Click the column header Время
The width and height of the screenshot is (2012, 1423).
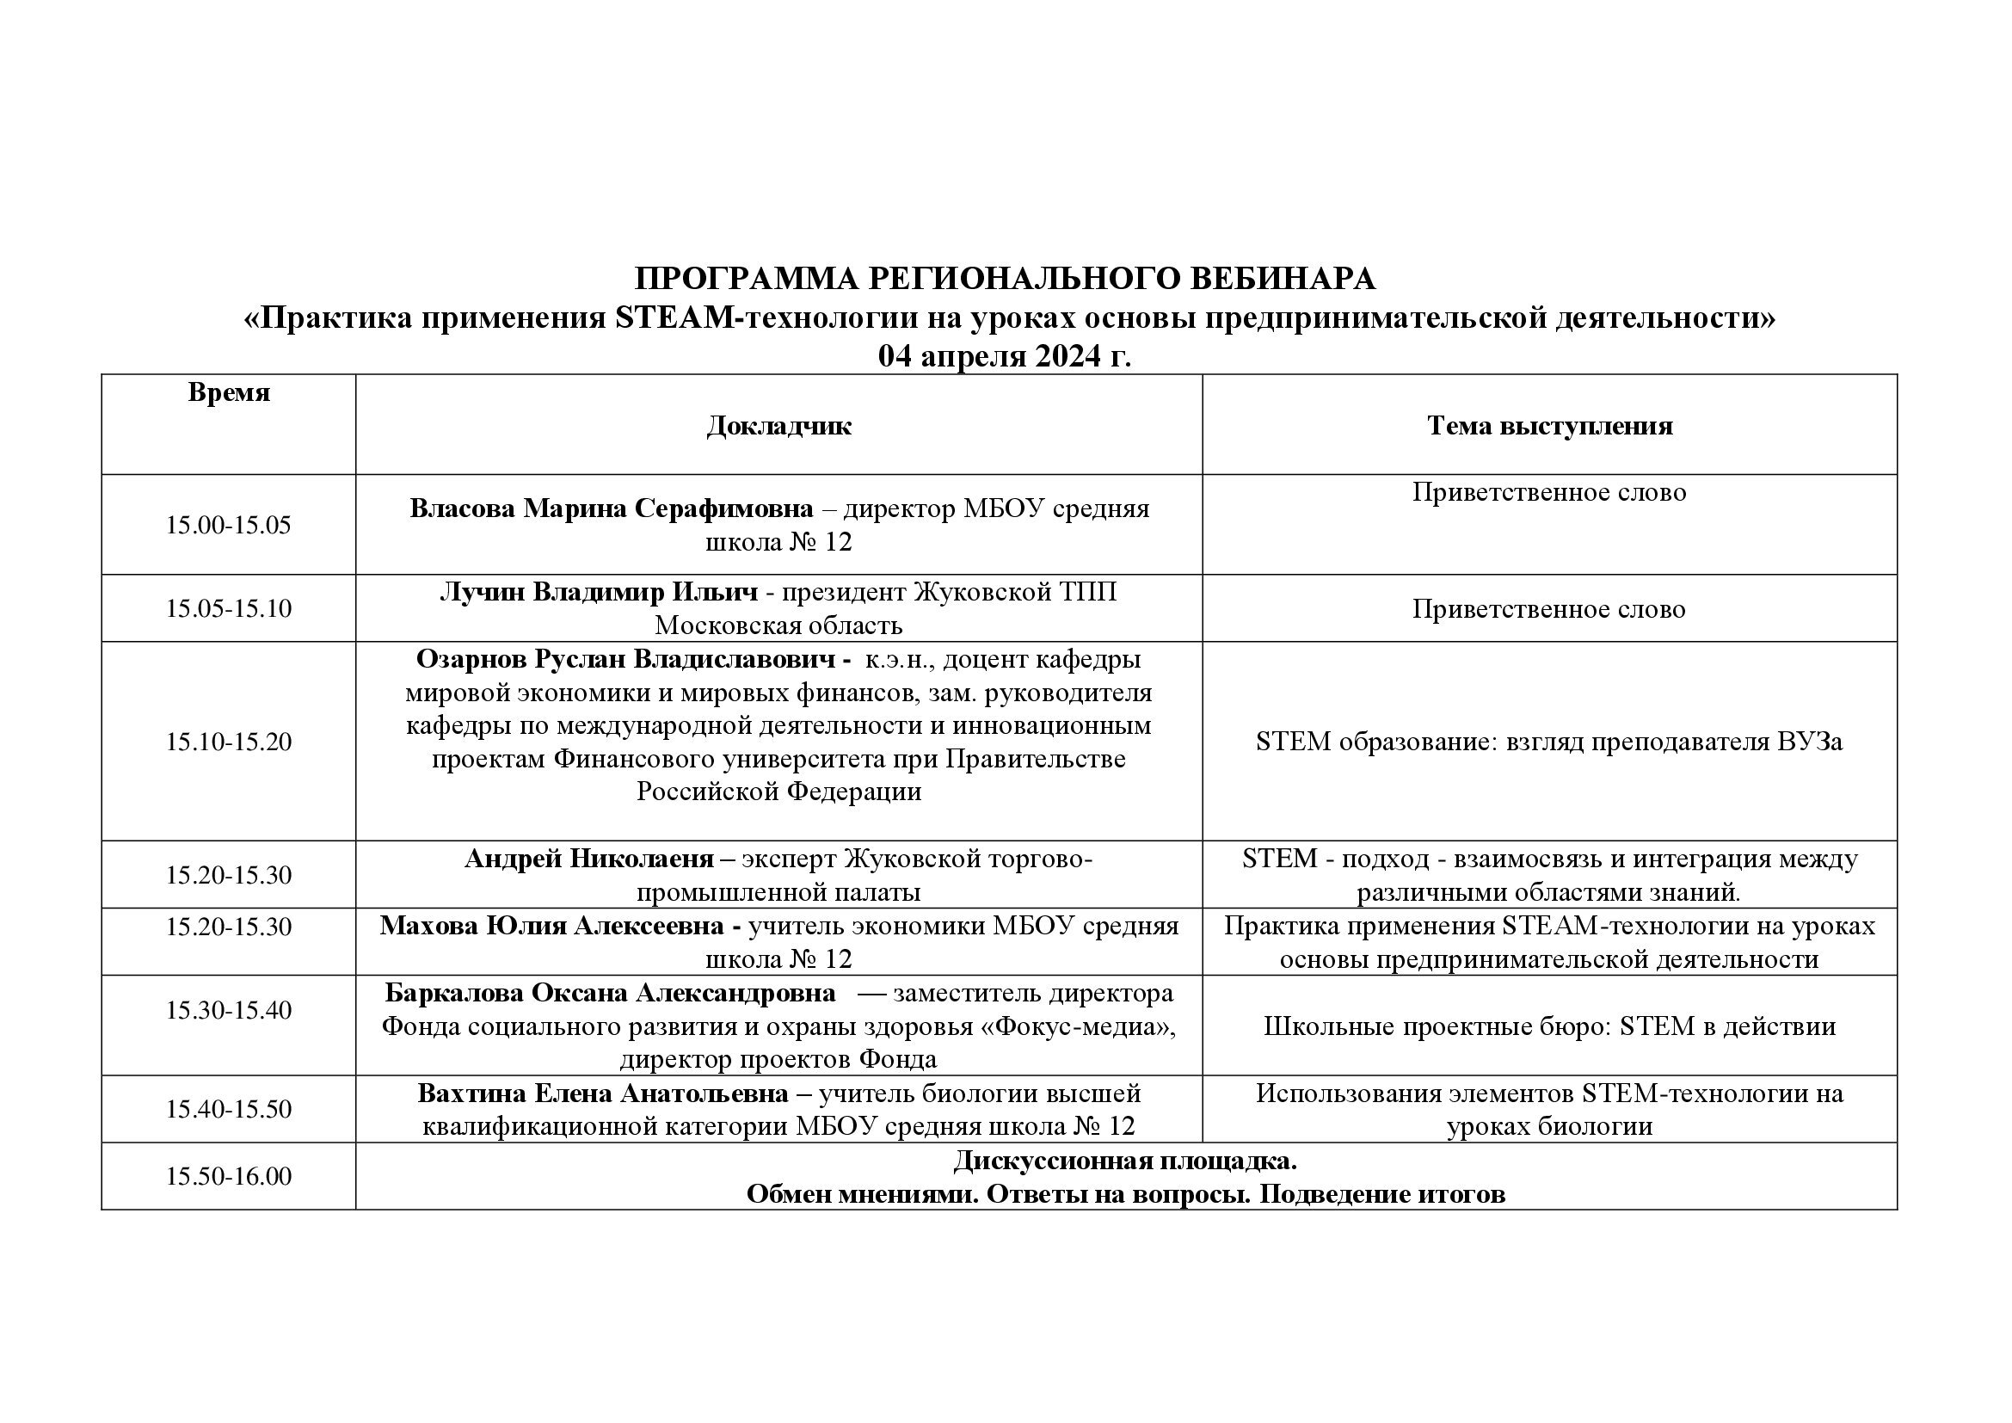point(229,392)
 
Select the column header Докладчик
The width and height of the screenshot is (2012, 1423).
point(778,426)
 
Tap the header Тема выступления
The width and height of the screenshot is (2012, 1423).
point(1549,426)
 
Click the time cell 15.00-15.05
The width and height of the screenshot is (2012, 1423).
point(229,525)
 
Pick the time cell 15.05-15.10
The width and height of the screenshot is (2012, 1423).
point(229,608)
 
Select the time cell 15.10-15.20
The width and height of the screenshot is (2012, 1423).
point(229,742)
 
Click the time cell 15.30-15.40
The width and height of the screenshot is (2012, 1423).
point(229,1009)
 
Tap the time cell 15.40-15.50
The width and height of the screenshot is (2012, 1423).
point(229,1109)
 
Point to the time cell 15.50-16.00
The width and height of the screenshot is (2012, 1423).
point(229,1176)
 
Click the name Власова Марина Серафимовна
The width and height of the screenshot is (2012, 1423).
point(611,508)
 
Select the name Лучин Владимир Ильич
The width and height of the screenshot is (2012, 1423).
point(599,592)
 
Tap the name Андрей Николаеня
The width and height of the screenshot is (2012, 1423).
point(589,859)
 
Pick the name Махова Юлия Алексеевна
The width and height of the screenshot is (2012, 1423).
point(552,926)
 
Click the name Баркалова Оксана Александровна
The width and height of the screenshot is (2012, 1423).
point(610,993)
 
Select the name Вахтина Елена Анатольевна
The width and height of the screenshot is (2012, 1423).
point(603,1093)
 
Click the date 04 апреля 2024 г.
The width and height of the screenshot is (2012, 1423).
point(1004,357)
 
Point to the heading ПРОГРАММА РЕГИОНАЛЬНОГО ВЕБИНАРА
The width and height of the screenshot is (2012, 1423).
point(1004,279)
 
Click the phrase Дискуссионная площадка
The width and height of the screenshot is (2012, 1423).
point(1125,1161)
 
